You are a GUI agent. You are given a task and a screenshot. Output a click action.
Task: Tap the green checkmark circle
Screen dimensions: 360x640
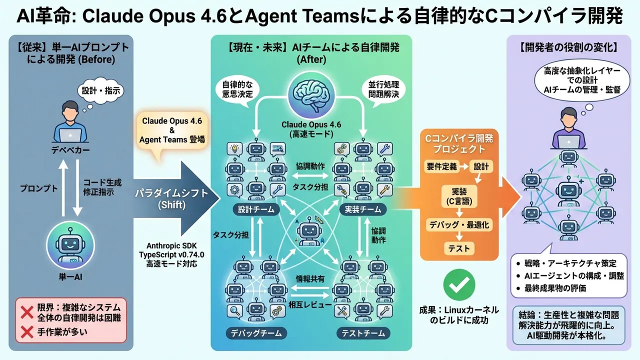tap(459, 284)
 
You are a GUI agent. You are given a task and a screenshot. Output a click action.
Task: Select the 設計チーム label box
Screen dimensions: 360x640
tap(256, 209)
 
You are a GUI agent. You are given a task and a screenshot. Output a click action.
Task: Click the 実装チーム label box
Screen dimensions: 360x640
tap(362, 209)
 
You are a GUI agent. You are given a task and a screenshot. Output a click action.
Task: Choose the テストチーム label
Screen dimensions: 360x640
tap(363, 332)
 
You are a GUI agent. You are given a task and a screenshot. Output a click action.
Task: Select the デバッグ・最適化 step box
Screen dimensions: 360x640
tap(459, 225)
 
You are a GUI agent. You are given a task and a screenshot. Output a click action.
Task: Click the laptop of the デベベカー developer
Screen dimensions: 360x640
tap(70, 135)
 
